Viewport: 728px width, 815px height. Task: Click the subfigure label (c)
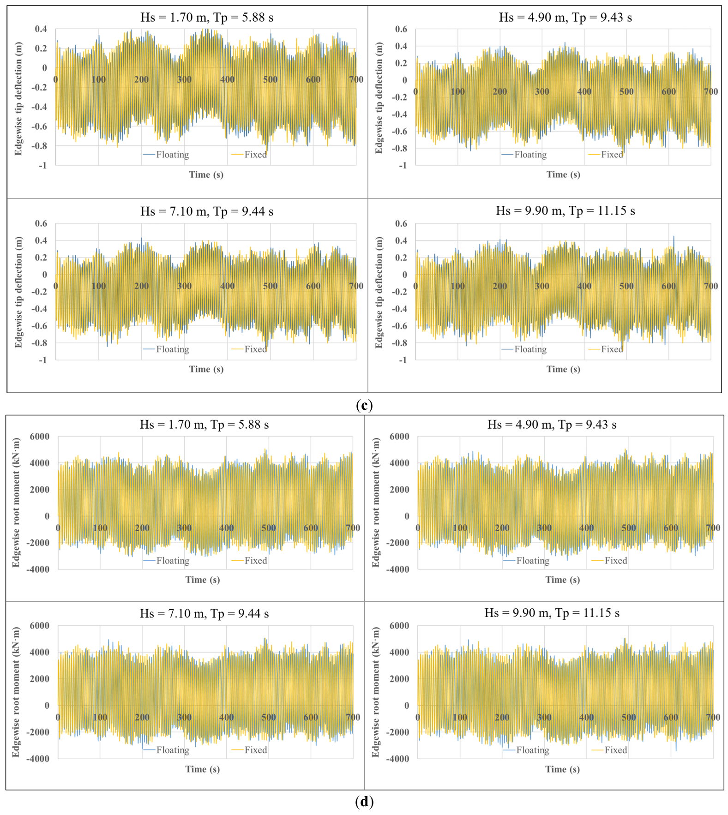364,405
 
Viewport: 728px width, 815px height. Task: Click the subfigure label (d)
364,802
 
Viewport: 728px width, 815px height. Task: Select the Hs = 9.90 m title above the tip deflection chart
565,211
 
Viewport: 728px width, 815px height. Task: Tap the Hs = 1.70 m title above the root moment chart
204,424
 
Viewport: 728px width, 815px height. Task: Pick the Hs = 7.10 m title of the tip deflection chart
207,211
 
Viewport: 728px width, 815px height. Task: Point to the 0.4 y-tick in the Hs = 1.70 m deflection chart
41,29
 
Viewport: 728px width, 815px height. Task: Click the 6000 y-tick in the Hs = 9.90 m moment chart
399,626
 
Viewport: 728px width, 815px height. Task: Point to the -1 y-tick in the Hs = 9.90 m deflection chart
403,360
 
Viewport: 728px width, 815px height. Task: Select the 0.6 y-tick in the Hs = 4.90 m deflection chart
401,29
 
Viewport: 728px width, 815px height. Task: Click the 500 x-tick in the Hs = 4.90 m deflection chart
626,91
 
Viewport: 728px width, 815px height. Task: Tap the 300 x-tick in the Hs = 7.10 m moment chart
184,717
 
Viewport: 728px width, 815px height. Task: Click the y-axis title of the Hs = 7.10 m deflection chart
18,292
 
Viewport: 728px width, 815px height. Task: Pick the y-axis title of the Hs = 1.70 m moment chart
16,502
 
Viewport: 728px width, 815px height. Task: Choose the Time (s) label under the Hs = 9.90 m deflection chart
563,369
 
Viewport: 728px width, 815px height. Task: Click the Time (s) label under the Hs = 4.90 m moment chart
562,580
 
